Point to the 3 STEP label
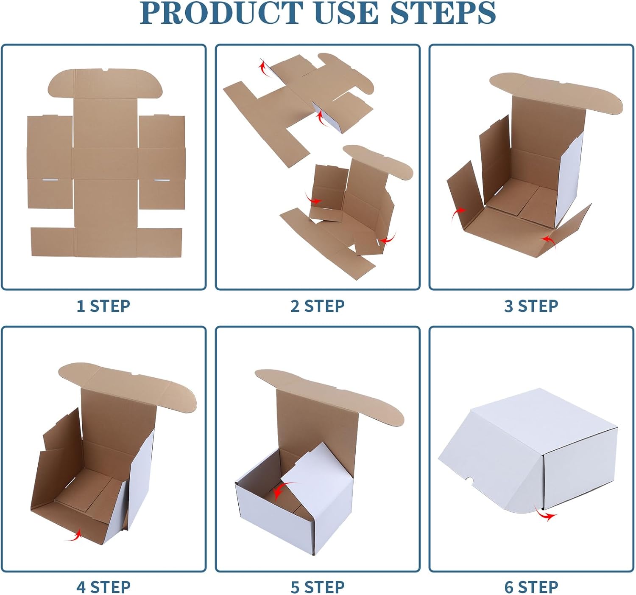(x=531, y=306)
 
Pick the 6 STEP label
(x=531, y=587)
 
